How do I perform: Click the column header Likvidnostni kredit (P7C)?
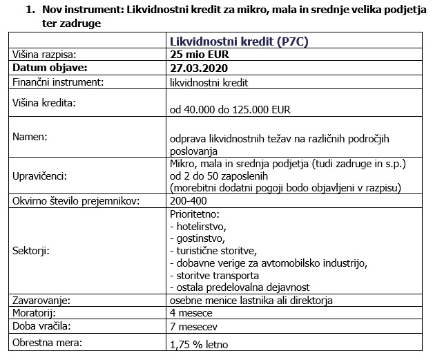click(x=238, y=41)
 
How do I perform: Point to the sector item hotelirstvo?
click(x=200, y=226)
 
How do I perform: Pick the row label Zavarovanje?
click(x=43, y=301)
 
